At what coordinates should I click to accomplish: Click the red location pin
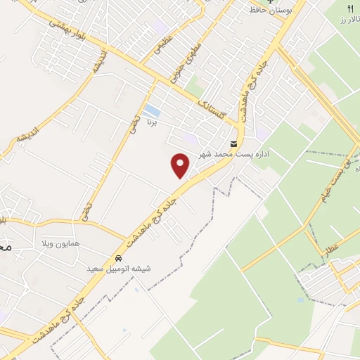[181, 166]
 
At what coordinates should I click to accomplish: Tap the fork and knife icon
[349, 8]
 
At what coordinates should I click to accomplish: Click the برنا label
[151, 123]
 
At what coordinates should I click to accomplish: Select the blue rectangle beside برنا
[151, 110]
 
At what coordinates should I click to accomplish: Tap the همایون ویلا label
[77, 243]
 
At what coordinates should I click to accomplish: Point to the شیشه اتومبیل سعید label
[118, 269]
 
